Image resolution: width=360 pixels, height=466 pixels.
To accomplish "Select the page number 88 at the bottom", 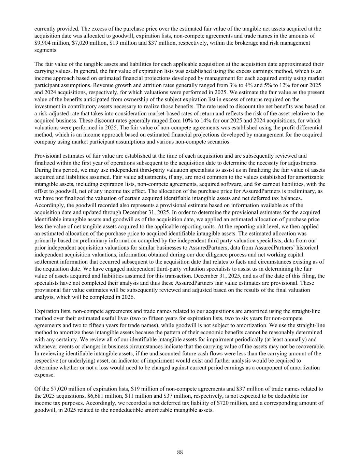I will tap(180, 452).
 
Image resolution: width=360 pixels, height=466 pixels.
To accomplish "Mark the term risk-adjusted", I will tap(55, 113).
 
